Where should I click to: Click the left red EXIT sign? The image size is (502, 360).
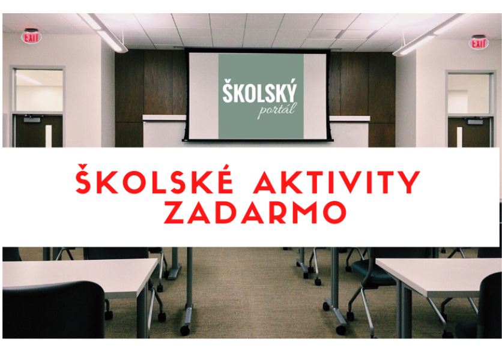31,37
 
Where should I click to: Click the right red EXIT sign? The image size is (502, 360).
479,42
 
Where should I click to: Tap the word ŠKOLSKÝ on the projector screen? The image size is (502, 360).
260,92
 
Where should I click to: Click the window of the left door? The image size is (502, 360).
39,91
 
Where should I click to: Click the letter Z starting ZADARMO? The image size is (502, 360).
174,213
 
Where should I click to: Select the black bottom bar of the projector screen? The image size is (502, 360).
259,140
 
